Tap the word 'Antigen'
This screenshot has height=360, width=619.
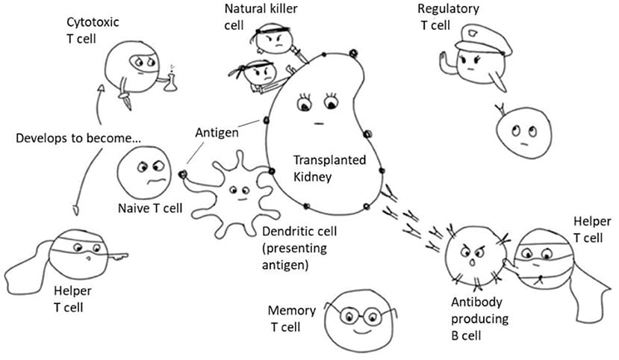pos(217,133)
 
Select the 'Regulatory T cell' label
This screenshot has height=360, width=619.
pos(449,16)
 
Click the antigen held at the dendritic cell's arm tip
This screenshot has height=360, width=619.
pos(183,174)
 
